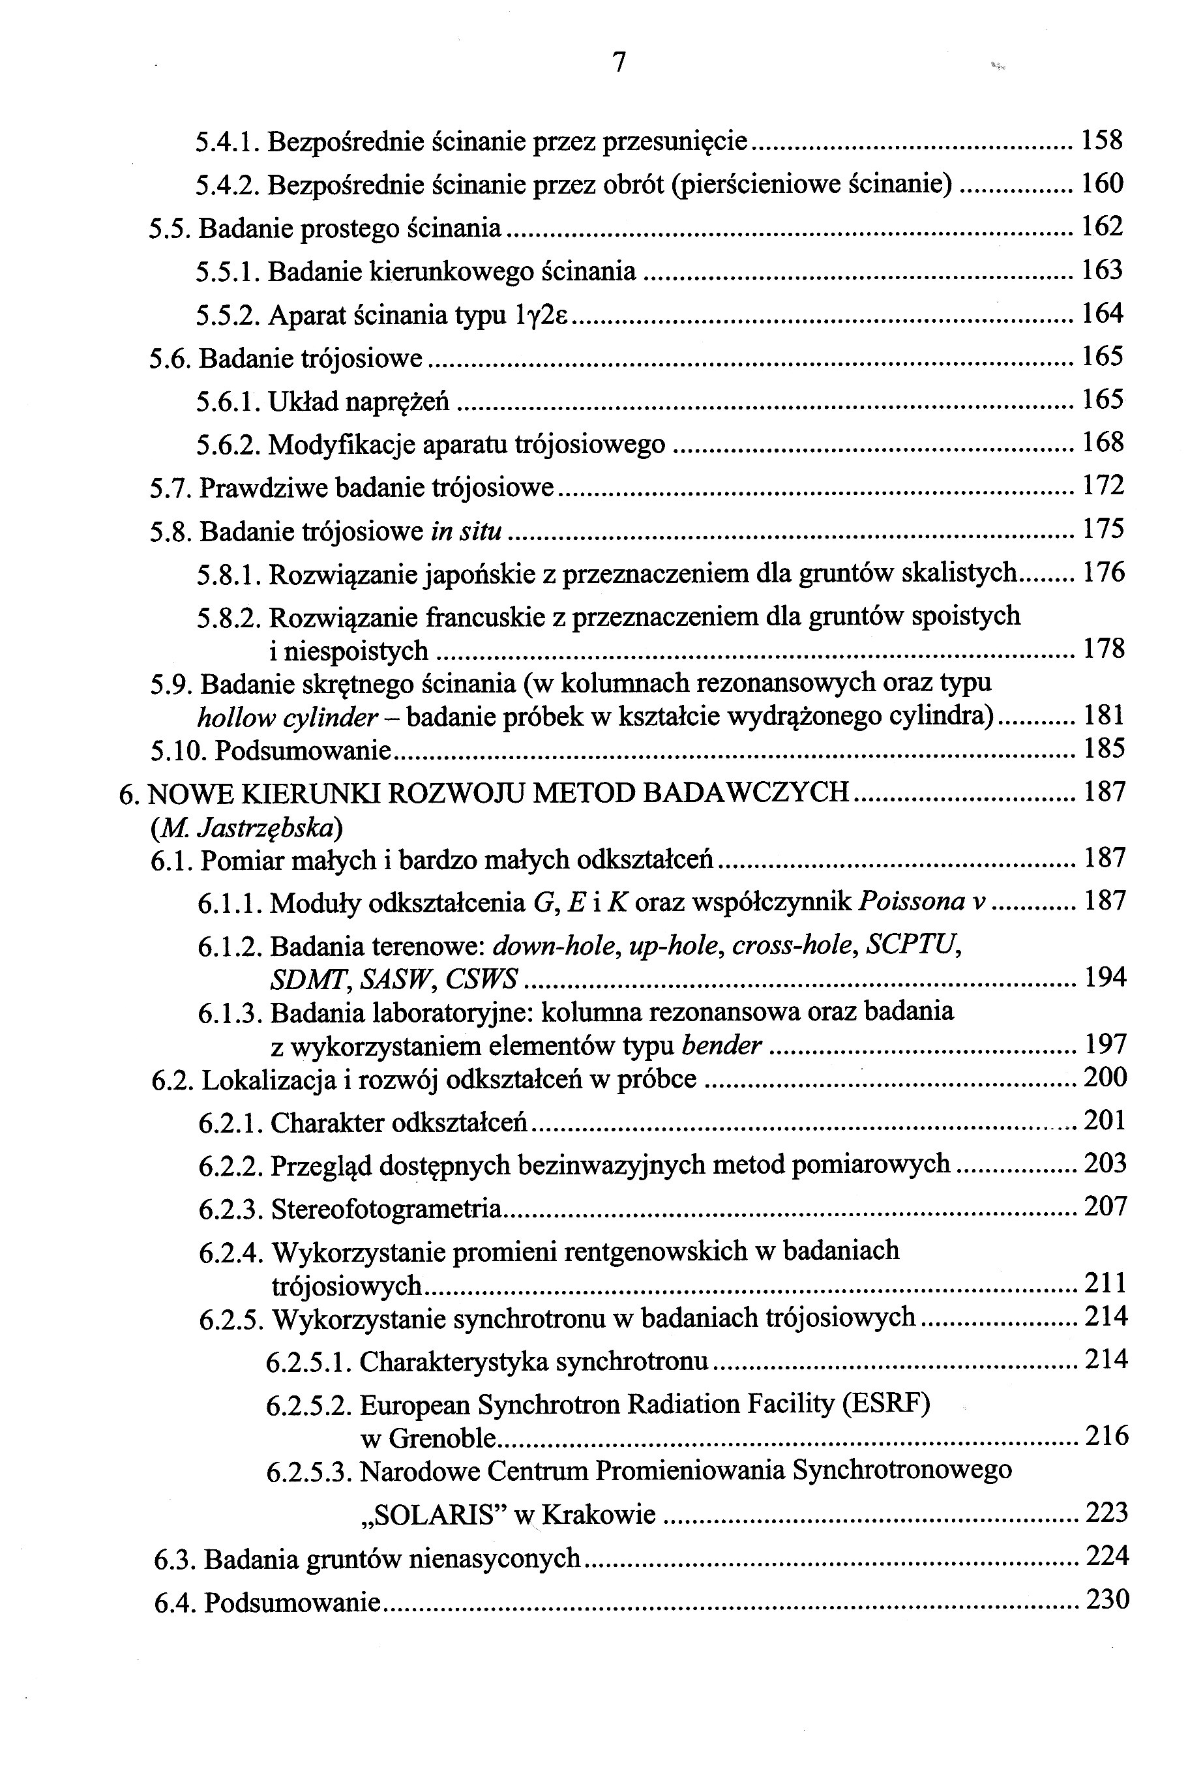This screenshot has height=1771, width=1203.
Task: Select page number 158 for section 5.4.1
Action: tap(1102, 140)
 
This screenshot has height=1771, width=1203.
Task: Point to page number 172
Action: tap(1103, 484)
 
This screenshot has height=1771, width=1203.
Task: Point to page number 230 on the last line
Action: tap(1106, 1599)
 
